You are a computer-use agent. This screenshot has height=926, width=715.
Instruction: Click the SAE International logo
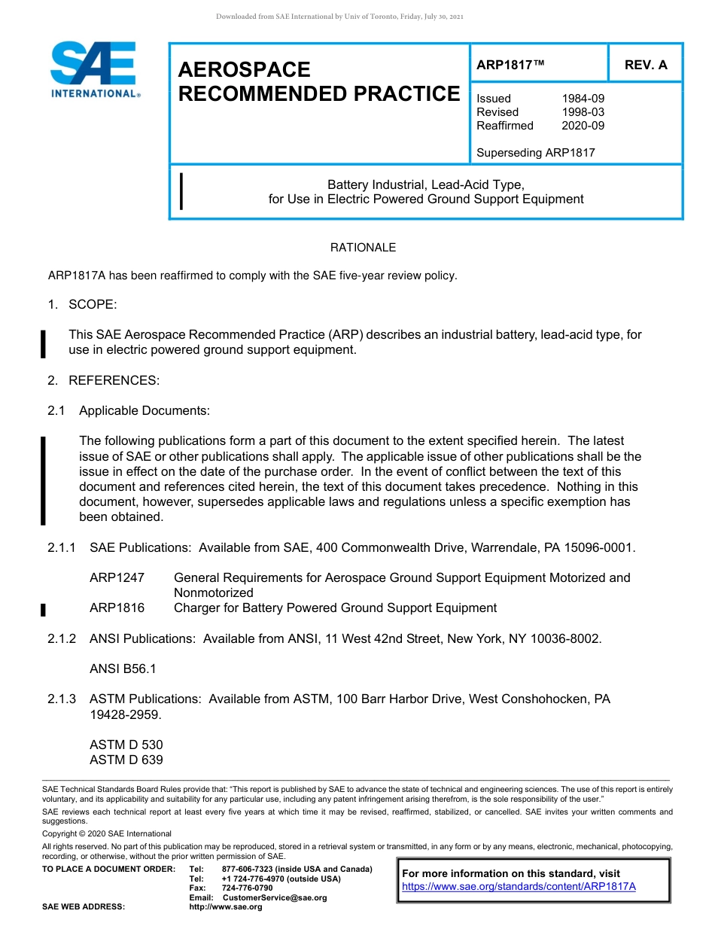tap(93, 70)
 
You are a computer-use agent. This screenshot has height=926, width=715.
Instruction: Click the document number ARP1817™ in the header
tap(510, 65)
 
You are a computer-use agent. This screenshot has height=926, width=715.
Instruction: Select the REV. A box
tap(646, 65)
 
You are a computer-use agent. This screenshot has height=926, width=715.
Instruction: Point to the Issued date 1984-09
tap(583, 99)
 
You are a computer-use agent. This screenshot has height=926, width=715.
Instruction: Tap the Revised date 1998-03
tap(583, 112)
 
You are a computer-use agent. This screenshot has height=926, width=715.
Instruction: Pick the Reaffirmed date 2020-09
tap(583, 126)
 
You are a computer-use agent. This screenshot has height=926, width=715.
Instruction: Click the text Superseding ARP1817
tap(536, 153)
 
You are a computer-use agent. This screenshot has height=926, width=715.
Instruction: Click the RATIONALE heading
tap(363, 248)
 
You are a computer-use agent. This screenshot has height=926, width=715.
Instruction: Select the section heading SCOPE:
tap(93, 304)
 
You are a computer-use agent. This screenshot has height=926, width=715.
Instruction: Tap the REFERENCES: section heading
tap(114, 380)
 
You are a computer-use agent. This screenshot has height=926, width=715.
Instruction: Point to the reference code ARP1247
tap(117, 577)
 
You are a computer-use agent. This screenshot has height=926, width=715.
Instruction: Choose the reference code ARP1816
tap(117, 608)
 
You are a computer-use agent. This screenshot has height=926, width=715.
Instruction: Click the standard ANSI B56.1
tap(123, 669)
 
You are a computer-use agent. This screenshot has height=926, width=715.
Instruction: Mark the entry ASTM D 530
tap(126, 745)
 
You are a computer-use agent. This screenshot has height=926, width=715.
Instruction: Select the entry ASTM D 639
tap(126, 760)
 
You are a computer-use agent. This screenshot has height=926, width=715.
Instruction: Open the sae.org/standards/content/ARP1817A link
tap(519, 886)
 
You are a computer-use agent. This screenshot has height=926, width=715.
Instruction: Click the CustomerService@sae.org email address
tap(275, 897)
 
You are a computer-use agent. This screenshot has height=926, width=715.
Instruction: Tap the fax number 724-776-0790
tap(247, 888)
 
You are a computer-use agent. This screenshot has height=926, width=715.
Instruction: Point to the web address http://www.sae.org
tap(226, 906)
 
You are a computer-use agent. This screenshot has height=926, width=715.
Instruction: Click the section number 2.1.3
tap(62, 699)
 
